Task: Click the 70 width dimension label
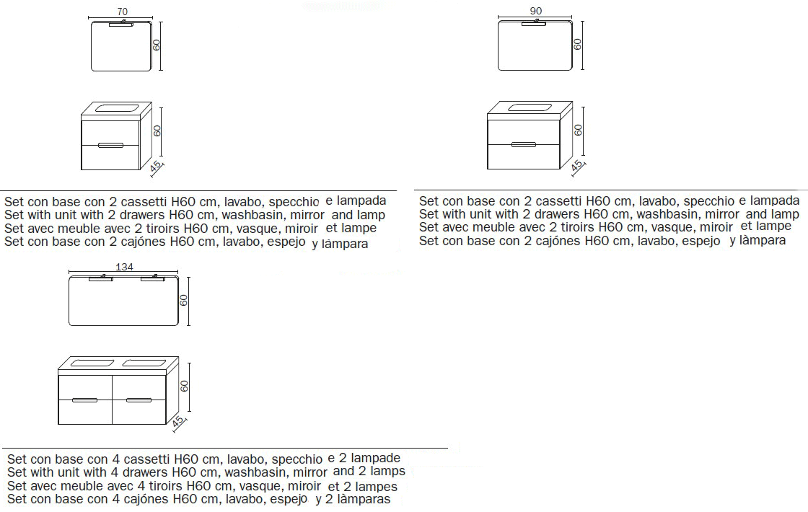[x=122, y=12]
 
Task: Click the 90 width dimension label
[x=535, y=11]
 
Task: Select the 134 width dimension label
[x=124, y=267]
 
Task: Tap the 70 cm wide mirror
[x=122, y=46]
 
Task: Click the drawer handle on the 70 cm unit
[x=111, y=145]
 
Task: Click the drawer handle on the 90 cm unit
[x=524, y=144]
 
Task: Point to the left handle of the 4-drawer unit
[x=84, y=399]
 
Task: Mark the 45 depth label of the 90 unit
[x=576, y=166]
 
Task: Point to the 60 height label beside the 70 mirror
[x=157, y=45]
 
